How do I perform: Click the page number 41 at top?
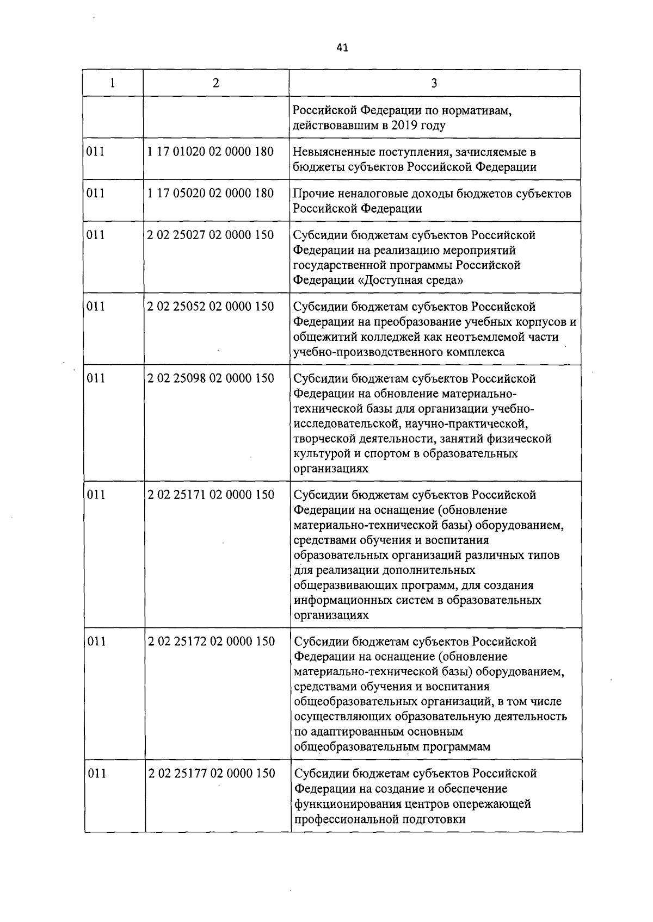[x=342, y=48]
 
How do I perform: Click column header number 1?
[x=113, y=83]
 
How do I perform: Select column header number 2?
[x=216, y=83]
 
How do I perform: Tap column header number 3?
[x=434, y=83]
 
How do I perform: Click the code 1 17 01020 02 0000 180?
[x=210, y=152]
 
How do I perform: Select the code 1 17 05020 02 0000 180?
[x=210, y=194]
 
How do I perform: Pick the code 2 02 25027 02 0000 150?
[x=210, y=235]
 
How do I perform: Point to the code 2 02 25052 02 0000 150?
[x=210, y=307]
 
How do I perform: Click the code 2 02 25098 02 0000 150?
[x=211, y=378]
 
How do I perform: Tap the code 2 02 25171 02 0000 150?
[x=211, y=495]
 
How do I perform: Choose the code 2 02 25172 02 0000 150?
[x=211, y=641]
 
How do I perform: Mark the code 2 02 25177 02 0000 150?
[x=212, y=773]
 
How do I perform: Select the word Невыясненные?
[x=333, y=152]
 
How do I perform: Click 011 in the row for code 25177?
[x=97, y=773]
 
